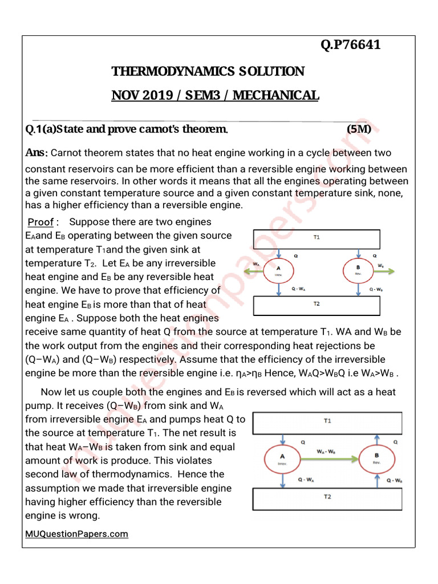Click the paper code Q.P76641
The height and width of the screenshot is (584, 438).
click(350, 44)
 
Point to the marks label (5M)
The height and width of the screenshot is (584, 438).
click(359, 129)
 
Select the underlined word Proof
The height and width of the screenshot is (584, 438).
click(41, 222)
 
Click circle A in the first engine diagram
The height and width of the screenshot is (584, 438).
click(279, 271)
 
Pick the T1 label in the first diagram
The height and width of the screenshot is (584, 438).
click(317, 237)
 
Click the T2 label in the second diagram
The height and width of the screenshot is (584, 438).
click(327, 497)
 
